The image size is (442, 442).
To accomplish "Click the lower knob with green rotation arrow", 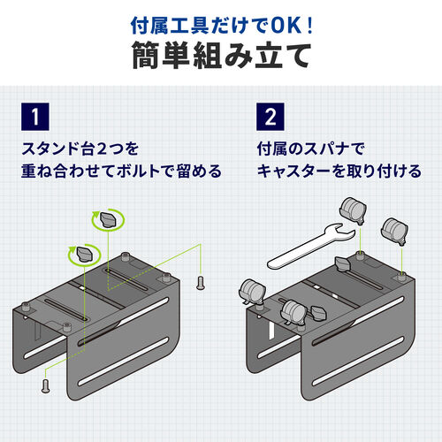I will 85,254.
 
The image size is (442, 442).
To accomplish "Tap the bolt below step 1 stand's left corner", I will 44,385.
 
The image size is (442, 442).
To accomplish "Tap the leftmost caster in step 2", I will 252,292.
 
